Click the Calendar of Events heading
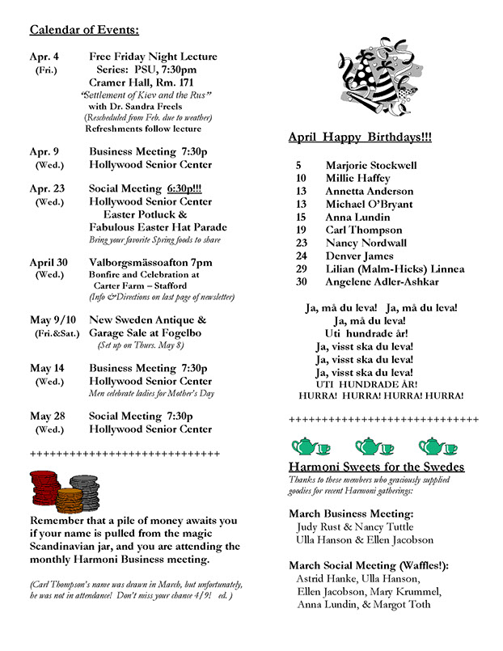84,31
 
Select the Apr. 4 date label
44,57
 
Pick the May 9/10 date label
50,320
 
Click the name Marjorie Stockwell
371,165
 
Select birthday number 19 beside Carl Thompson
301,230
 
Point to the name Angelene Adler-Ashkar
382,281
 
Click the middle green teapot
374,446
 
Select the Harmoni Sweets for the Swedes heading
376,467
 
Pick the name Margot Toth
401,604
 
